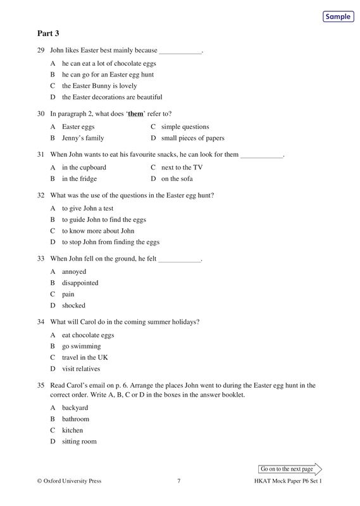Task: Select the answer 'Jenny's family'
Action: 83,137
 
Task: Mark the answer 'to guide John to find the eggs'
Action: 104,219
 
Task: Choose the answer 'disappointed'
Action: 80,283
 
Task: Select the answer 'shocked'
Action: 73,305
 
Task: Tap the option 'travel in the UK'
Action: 85,357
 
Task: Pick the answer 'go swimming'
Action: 81,346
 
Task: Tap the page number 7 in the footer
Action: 180,481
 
